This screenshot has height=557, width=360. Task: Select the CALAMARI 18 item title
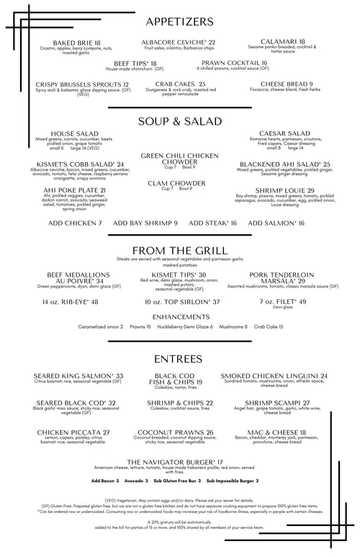[283, 42]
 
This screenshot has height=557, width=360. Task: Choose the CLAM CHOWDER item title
[179, 182]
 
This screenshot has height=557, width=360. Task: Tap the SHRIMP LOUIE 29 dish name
[281, 190]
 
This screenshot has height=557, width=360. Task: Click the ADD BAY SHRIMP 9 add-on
[145, 223]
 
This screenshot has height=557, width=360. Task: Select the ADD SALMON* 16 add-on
[276, 223]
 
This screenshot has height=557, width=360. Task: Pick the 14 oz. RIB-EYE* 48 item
[70, 301]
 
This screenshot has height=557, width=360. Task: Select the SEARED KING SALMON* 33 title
[79, 375]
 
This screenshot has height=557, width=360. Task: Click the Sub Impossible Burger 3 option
[232, 480]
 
